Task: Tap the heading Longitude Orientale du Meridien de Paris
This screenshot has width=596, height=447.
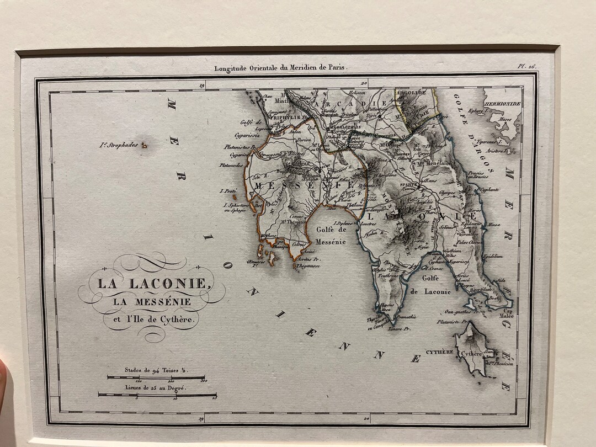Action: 280,68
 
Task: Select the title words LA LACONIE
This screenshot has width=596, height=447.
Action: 153,284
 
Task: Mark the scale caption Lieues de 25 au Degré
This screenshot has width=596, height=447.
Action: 155,388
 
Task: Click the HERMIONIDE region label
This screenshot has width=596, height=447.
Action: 502,103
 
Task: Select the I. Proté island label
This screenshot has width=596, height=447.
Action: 228,191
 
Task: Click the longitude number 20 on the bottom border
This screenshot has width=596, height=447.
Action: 366,420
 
